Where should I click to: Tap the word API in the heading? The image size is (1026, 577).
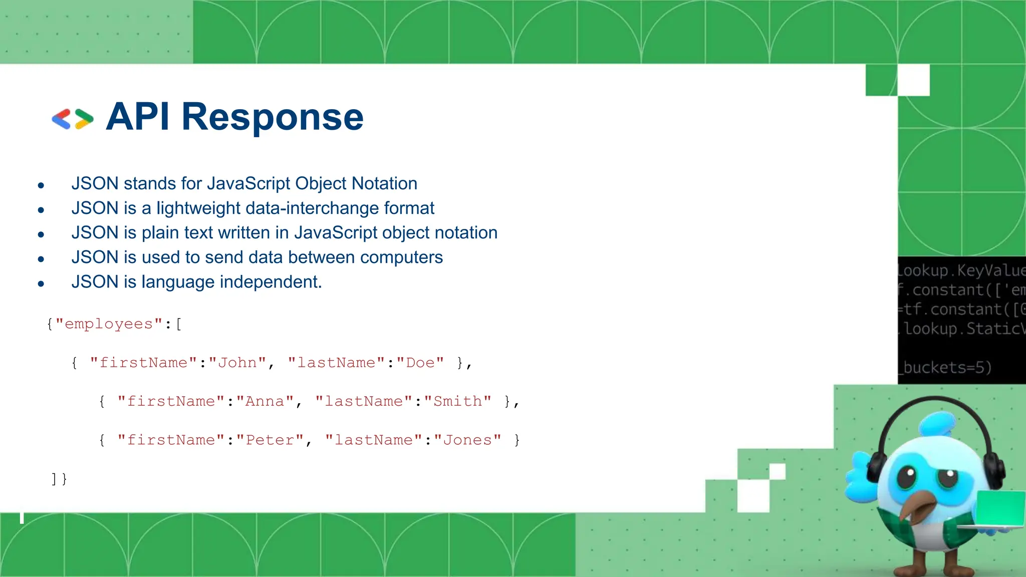point(138,117)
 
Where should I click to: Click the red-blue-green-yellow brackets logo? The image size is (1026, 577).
point(73,119)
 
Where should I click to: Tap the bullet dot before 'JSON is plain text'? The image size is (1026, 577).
point(41,234)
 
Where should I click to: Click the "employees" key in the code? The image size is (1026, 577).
point(109,324)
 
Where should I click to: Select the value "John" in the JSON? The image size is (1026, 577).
point(237,363)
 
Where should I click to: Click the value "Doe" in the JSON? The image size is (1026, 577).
point(420,363)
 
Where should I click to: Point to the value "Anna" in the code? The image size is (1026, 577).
point(265,401)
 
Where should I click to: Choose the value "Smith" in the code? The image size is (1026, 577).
point(457,401)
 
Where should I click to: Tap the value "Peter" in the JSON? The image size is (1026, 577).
point(270,440)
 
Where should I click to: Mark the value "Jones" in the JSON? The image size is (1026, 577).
point(467,440)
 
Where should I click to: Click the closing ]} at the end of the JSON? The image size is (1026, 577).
point(59,479)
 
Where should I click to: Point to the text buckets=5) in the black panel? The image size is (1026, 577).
point(946,367)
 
